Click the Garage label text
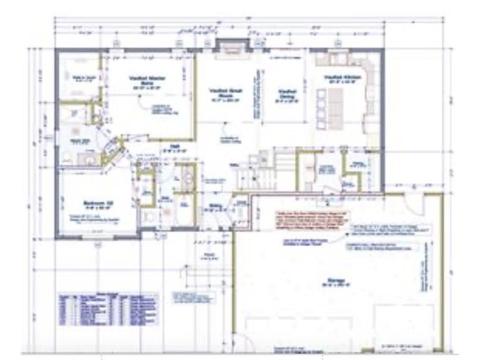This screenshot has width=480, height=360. point(333,283)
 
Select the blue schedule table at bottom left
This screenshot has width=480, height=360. point(108,310)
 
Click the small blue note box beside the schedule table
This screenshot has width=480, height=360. point(194,297)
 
